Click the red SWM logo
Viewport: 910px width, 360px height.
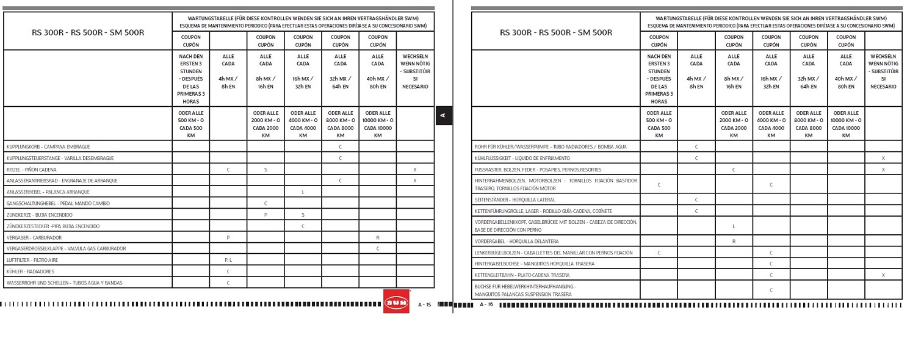point(396,301)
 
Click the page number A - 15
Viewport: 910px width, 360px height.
point(424,304)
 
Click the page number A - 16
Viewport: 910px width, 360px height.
point(486,304)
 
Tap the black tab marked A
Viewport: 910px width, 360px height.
point(444,115)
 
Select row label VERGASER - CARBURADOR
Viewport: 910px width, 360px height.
point(34,237)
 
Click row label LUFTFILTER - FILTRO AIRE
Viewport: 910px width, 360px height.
point(32,260)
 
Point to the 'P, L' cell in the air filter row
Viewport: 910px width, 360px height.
point(228,260)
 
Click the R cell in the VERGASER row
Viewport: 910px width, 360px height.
point(378,237)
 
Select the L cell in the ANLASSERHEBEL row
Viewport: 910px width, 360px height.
point(303,192)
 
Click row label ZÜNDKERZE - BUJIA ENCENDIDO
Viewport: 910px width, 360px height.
point(39,215)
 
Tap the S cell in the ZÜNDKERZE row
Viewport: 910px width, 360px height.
point(303,215)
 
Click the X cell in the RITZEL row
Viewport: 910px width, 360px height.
point(415,169)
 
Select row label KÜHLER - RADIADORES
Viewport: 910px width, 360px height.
point(30,271)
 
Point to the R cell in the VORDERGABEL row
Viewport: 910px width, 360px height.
point(734,242)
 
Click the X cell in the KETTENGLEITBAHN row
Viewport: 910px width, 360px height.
point(883,275)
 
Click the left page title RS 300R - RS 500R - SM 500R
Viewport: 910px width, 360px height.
point(88,32)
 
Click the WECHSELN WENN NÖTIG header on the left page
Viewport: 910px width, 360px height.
point(415,71)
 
